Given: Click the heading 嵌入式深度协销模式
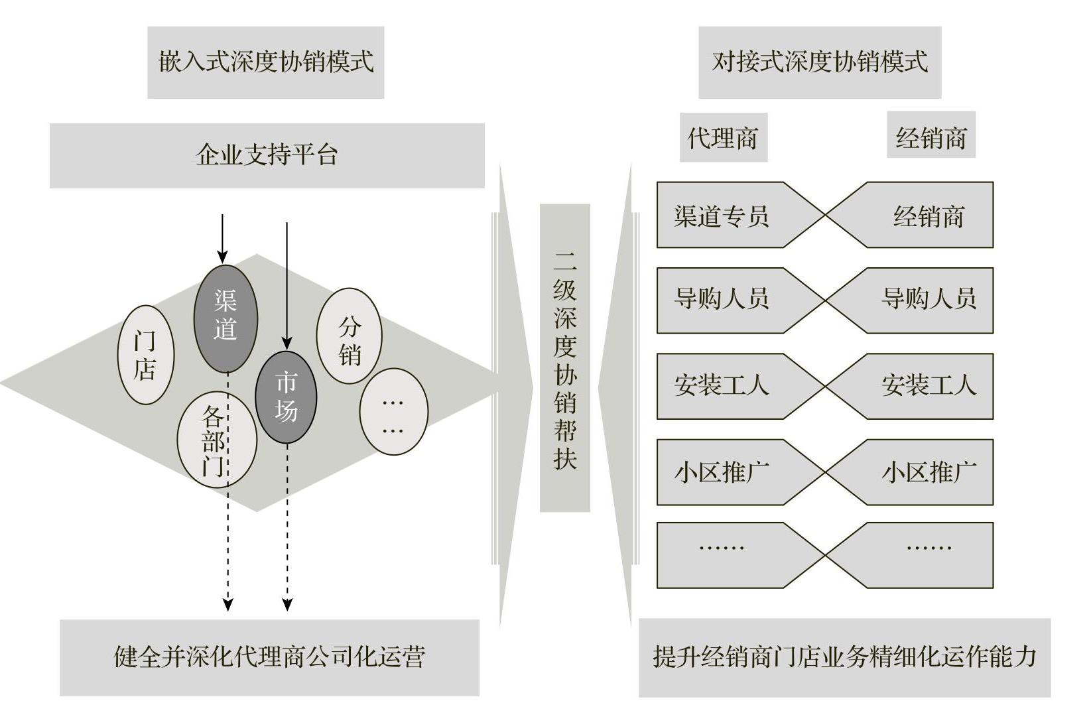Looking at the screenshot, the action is (265, 62).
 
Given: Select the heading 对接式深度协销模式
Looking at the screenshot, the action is (819, 62).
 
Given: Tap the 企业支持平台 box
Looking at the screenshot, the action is (267, 155).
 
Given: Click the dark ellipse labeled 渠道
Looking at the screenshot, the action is (225, 318).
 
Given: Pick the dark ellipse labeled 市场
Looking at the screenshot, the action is (286, 397).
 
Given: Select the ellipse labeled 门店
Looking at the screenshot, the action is (145, 355).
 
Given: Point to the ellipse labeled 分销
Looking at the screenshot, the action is (349, 336).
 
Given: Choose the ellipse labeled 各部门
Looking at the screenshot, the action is (216, 439).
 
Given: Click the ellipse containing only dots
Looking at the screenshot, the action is (393, 412).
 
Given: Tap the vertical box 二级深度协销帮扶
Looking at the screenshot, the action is (564, 357).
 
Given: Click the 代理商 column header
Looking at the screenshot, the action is (723, 138).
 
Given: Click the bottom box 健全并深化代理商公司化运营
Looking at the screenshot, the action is (269, 657).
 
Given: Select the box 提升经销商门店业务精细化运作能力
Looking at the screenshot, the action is (844, 657).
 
